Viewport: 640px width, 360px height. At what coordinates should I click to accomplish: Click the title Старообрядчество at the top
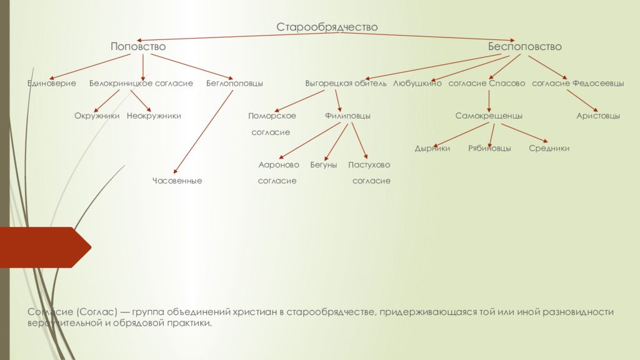pyautogui.click(x=327, y=27)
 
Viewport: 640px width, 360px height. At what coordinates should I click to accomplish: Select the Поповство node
pyautogui.click(x=138, y=47)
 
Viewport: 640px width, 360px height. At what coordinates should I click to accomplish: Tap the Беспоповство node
pyautogui.click(x=524, y=47)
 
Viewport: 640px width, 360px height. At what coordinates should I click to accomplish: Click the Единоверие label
pyautogui.click(x=51, y=83)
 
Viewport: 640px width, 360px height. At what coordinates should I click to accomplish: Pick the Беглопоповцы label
pyautogui.click(x=234, y=83)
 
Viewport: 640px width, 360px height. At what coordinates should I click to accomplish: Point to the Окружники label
pyautogui.click(x=97, y=116)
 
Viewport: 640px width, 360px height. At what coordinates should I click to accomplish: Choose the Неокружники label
pyautogui.click(x=154, y=116)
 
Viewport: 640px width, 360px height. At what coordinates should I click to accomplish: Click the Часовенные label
pyautogui.click(x=177, y=181)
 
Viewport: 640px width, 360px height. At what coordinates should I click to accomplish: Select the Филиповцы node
pyautogui.click(x=347, y=116)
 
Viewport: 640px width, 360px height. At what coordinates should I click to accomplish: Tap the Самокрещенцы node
pyautogui.click(x=489, y=116)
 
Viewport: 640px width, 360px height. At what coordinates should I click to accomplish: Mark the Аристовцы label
pyautogui.click(x=598, y=116)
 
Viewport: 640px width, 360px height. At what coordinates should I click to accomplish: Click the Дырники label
pyautogui.click(x=432, y=148)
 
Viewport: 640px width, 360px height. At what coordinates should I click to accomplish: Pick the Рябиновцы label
pyautogui.click(x=489, y=148)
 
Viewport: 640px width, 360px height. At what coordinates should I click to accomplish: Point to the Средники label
pyautogui.click(x=549, y=148)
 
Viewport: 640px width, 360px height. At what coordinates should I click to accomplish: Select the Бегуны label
pyautogui.click(x=324, y=164)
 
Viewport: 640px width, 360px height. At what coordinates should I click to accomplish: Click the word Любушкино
pyautogui.click(x=417, y=83)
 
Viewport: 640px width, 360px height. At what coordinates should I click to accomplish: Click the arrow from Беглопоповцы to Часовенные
pyautogui.click(x=204, y=131)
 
